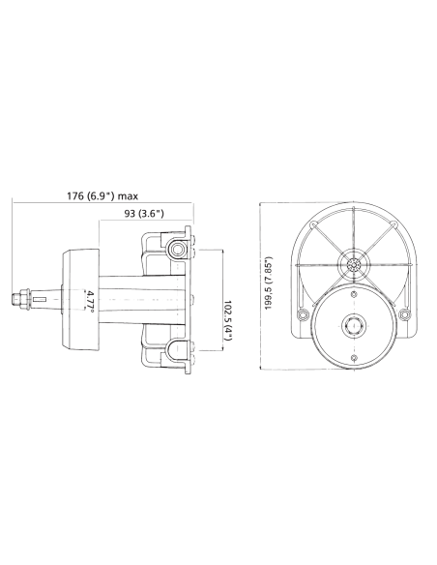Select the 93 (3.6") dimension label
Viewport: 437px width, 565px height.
click(x=145, y=212)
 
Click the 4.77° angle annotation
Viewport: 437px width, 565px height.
click(x=89, y=299)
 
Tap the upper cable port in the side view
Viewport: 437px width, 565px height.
click(x=177, y=251)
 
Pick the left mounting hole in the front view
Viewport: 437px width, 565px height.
click(x=304, y=315)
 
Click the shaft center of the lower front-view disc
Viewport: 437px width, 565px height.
click(x=354, y=324)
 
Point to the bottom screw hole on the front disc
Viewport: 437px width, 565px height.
click(x=354, y=359)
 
